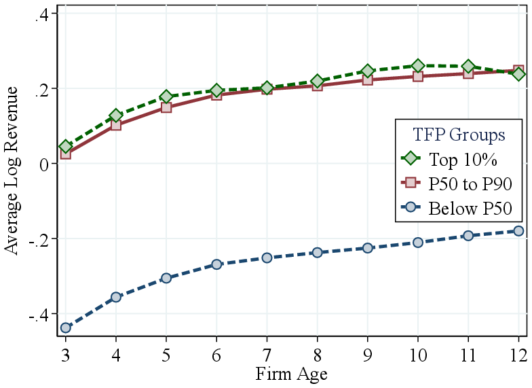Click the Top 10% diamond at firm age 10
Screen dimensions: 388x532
coord(418,66)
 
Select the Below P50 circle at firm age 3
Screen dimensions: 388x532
coord(66,328)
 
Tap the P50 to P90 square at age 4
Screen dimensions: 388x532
coord(116,124)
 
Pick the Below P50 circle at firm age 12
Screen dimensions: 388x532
coord(518,231)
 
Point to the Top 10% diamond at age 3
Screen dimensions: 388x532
coord(66,146)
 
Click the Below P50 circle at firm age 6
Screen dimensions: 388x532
coord(216,264)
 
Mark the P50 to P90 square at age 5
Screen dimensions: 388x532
coord(166,107)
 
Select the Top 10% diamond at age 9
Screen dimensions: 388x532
coord(368,71)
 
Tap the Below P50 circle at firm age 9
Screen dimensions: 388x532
coord(368,248)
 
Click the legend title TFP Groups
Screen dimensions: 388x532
coord(459,135)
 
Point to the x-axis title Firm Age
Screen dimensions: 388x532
coord(292,374)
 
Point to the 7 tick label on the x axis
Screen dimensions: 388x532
coord(267,355)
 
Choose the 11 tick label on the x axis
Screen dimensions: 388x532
coord(468,355)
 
